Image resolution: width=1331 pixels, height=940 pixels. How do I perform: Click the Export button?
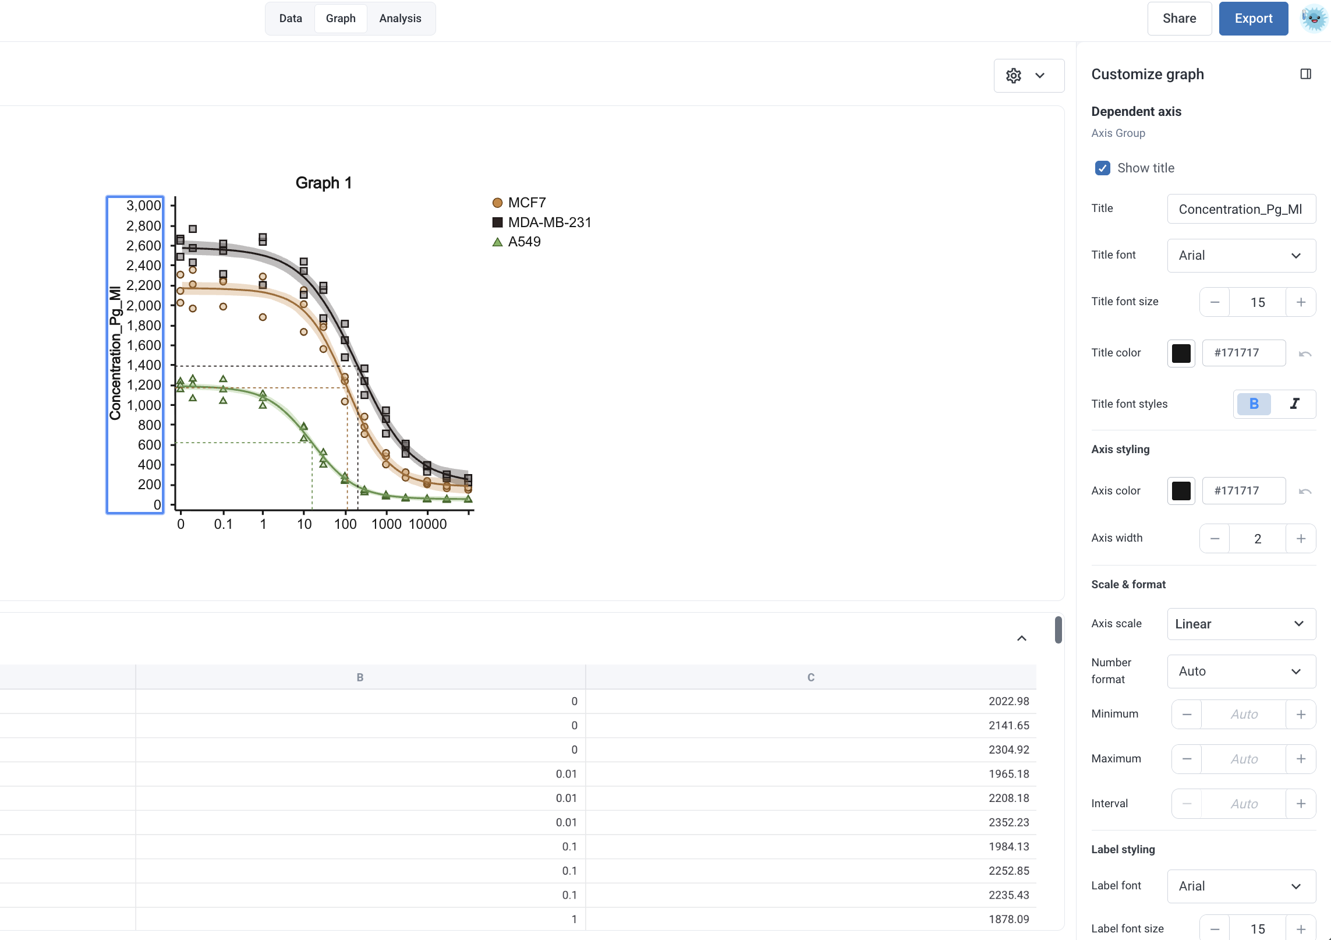[x=1253, y=19]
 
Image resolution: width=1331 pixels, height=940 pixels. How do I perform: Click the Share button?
[x=1179, y=19]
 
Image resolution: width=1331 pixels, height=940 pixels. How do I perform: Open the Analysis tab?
[x=400, y=19]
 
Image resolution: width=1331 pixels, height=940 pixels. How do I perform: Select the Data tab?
[x=291, y=19]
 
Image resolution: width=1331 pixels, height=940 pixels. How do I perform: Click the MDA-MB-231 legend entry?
[x=542, y=222]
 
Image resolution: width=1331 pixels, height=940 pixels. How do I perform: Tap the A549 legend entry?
[x=516, y=242]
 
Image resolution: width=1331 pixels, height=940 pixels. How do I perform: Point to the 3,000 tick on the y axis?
[x=144, y=206]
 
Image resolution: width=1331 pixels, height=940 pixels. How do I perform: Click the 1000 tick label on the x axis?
[x=387, y=524]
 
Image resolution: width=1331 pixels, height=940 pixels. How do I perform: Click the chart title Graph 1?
[x=324, y=183]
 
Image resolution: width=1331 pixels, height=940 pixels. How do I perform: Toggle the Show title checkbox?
[x=1102, y=168]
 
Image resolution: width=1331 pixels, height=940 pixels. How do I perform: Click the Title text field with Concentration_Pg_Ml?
[x=1241, y=209]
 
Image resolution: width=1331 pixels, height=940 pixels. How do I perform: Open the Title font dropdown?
[x=1241, y=256]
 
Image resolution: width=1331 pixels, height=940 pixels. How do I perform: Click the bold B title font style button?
[x=1254, y=404]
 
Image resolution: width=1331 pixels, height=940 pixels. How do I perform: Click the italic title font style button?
[x=1294, y=404]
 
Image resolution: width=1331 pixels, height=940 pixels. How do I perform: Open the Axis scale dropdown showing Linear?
[x=1241, y=624]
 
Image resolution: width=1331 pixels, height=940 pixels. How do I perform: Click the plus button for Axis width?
[x=1301, y=539]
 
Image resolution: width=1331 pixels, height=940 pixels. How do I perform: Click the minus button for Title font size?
[x=1215, y=302]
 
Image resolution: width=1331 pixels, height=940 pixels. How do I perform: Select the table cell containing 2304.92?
[x=810, y=750]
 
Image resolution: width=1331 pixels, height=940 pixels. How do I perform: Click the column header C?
[x=810, y=677]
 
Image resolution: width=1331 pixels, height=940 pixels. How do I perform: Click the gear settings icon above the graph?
[x=1014, y=76]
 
